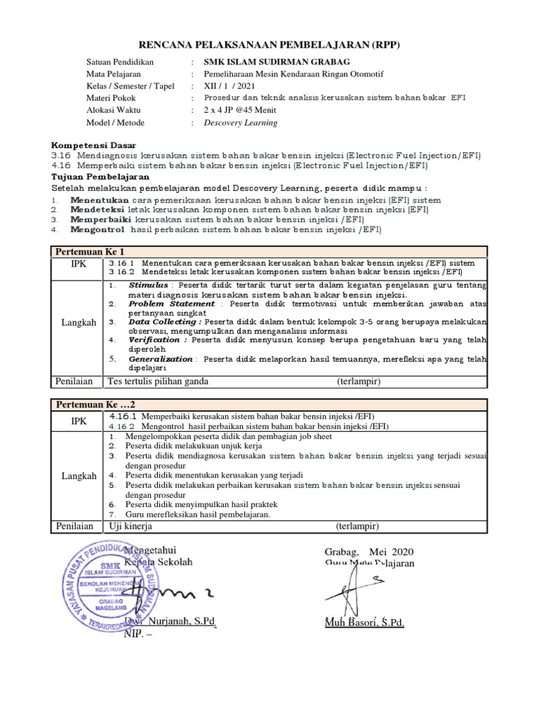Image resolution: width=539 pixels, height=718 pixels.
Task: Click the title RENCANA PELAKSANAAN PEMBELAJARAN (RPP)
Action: pyautogui.click(x=269, y=46)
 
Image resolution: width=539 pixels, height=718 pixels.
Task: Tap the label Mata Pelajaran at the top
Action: pyautogui.click(x=114, y=74)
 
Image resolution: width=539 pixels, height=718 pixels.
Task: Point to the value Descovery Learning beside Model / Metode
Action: pyautogui.click(x=240, y=123)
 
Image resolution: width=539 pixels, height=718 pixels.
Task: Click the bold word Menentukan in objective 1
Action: pyautogui.click(x=99, y=200)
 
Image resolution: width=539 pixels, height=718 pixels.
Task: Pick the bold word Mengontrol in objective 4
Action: pyautogui.click(x=97, y=230)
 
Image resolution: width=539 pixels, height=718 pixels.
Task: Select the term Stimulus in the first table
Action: pyautogui.click(x=148, y=286)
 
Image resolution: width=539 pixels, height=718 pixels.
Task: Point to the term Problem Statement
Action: pyautogui.click(x=171, y=304)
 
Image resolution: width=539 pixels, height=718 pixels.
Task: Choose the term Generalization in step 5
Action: pyautogui.click(x=161, y=358)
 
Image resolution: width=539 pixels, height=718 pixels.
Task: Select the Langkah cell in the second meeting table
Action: pyautogui.click(x=79, y=476)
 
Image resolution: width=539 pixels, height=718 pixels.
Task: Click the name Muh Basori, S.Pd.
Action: pyautogui.click(x=364, y=623)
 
